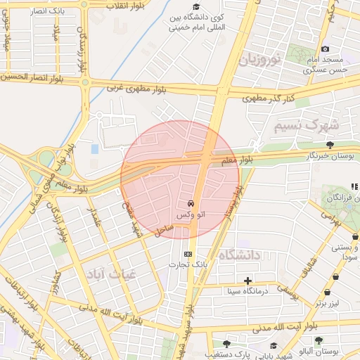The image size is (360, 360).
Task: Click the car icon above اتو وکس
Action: point(191,203)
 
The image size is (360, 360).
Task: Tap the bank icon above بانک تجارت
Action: point(187,254)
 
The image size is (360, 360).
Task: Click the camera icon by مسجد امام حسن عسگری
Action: point(325,49)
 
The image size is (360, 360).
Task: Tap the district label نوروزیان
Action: point(261,59)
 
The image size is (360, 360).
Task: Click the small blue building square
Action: point(95,149)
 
